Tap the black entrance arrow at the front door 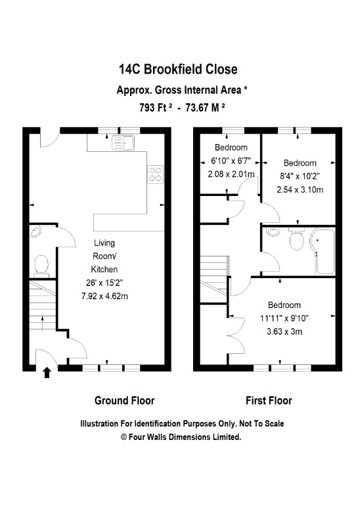(x=47, y=373)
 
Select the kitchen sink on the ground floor (x=122, y=141)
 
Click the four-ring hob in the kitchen (x=156, y=174)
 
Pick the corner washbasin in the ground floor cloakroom (x=36, y=231)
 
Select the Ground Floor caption (x=125, y=400)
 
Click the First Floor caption (x=269, y=400)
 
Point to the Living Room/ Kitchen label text (x=104, y=256)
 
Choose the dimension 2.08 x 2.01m (x=231, y=174)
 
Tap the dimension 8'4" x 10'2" (x=300, y=177)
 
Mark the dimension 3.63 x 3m (x=284, y=331)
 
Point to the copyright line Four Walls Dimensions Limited (x=180, y=436)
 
